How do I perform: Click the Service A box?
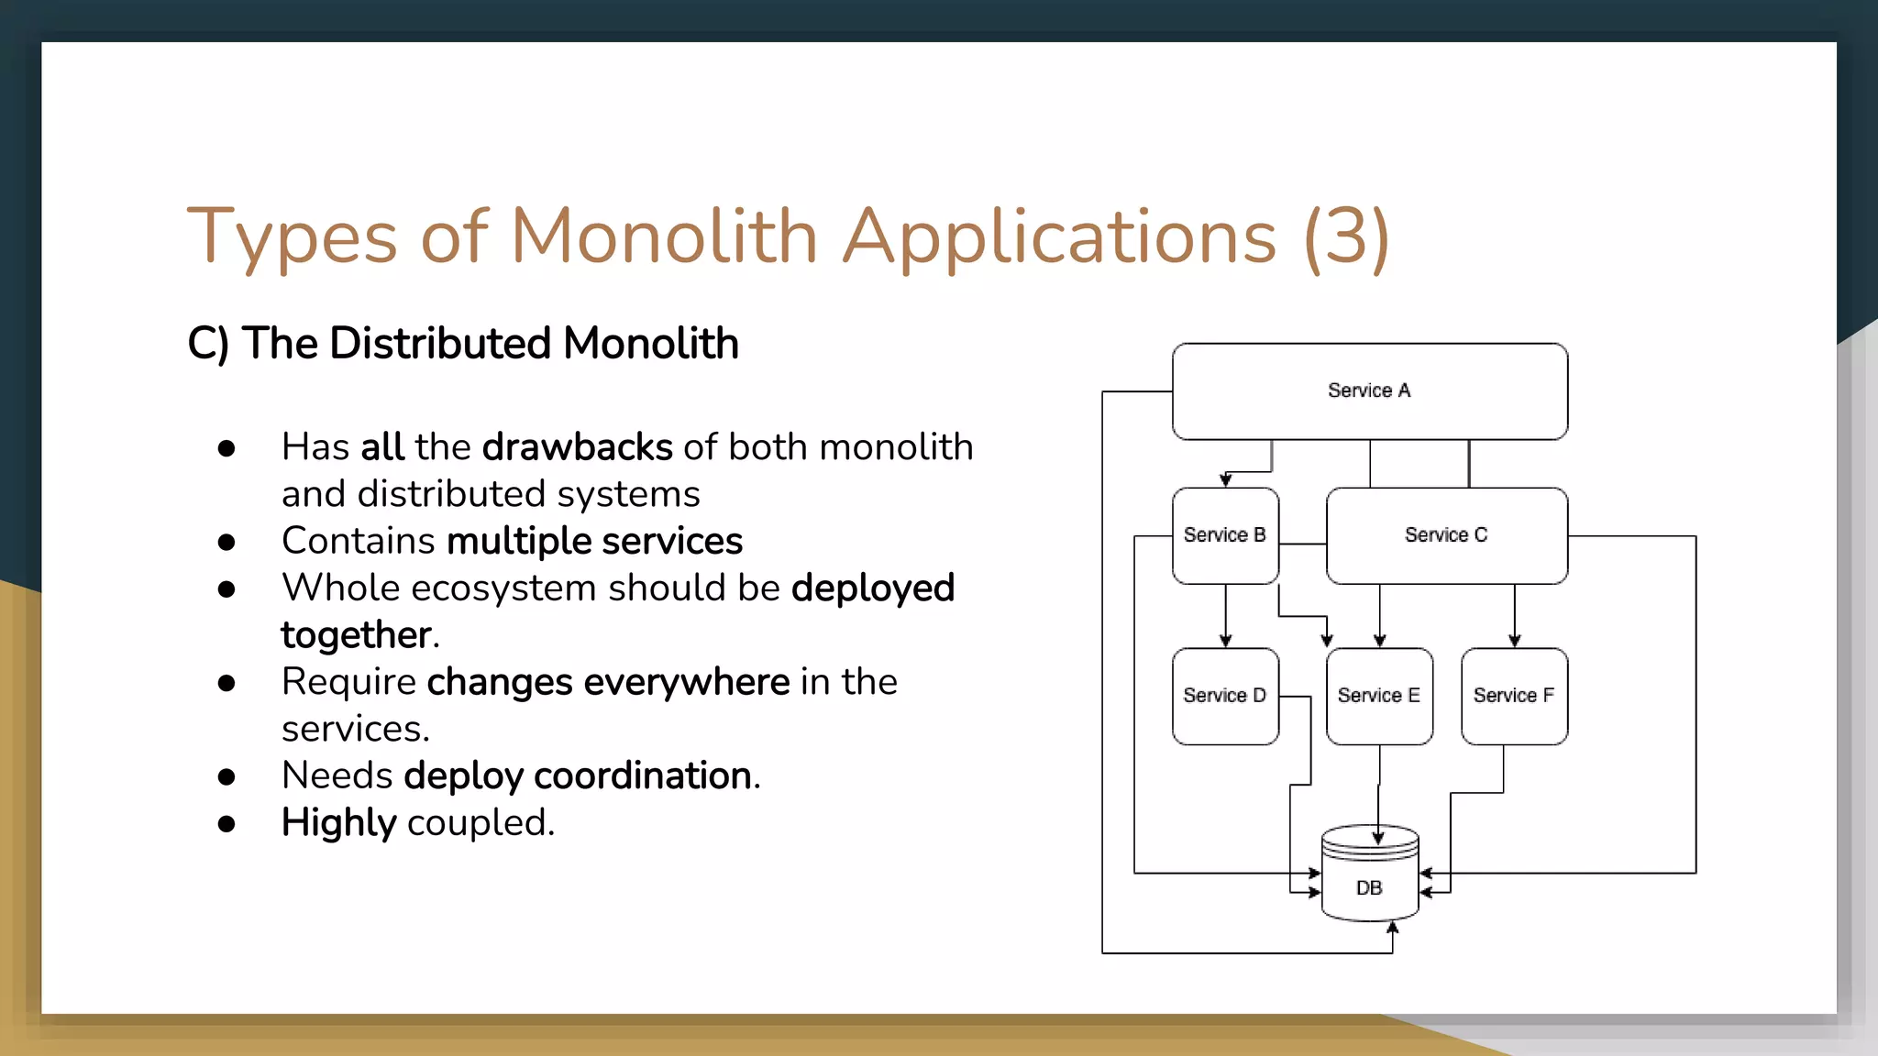(1369, 391)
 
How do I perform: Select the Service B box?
(1225, 535)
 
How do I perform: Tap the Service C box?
(1446, 535)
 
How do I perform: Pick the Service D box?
(1225, 696)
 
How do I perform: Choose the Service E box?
(1379, 696)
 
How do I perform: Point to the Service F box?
(1514, 696)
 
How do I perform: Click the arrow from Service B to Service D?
(1226, 616)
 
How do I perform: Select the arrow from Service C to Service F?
(1515, 616)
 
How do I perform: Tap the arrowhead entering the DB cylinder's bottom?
(1393, 928)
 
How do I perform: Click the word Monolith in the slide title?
(663, 236)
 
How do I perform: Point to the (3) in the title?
(1346, 236)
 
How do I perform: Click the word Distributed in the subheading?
(440, 344)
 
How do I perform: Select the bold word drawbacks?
(578, 447)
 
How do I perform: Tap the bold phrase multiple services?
(594, 541)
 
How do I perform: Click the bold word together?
(356, 635)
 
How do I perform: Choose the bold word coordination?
(643, 775)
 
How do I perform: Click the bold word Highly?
(338, 822)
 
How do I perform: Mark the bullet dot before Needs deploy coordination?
(226, 777)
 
